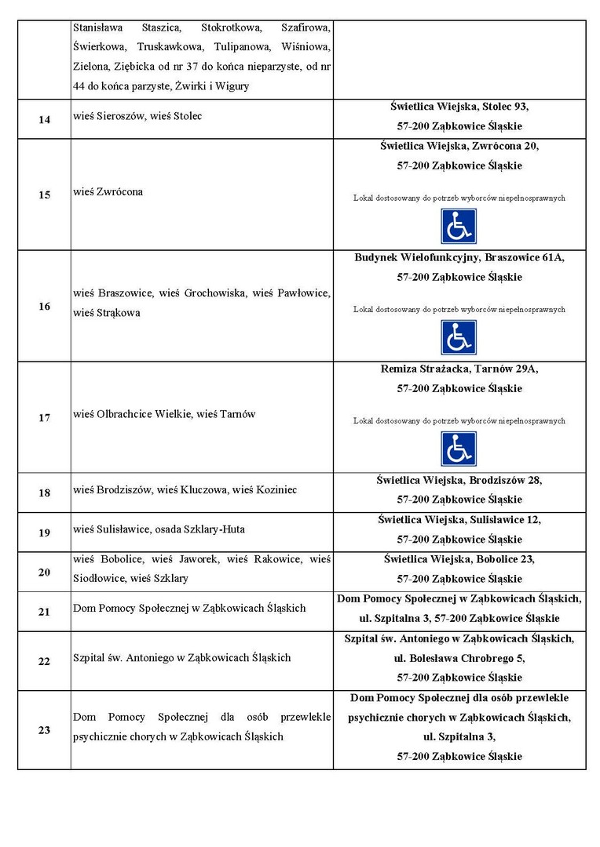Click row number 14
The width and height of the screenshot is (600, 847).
coord(44,119)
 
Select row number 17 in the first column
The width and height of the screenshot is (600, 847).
coord(44,417)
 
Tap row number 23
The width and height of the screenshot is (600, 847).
coord(44,730)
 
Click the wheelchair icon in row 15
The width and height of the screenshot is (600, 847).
coord(459,226)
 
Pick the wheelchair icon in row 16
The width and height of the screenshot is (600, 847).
coord(459,337)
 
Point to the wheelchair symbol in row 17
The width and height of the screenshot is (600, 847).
coord(459,449)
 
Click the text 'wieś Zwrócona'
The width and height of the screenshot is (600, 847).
coord(108,192)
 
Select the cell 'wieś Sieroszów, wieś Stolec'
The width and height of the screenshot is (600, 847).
coord(137,116)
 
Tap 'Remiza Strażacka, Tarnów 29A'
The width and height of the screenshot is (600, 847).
coord(459,369)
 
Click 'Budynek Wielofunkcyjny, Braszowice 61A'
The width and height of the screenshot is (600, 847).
coord(459,257)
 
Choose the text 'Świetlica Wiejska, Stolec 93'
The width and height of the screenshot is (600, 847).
coord(459,106)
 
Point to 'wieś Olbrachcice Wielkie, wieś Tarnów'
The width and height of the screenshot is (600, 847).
coord(164,414)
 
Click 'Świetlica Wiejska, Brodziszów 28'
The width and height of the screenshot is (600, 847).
coord(459,480)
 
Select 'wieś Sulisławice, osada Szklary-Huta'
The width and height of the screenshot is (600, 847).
coord(159,529)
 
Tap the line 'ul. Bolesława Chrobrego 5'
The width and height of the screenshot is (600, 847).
coord(459,658)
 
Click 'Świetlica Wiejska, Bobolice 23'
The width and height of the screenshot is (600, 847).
coord(459,559)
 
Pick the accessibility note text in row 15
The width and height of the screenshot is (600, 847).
coord(459,198)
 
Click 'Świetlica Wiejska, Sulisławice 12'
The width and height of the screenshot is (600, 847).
coord(459,519)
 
